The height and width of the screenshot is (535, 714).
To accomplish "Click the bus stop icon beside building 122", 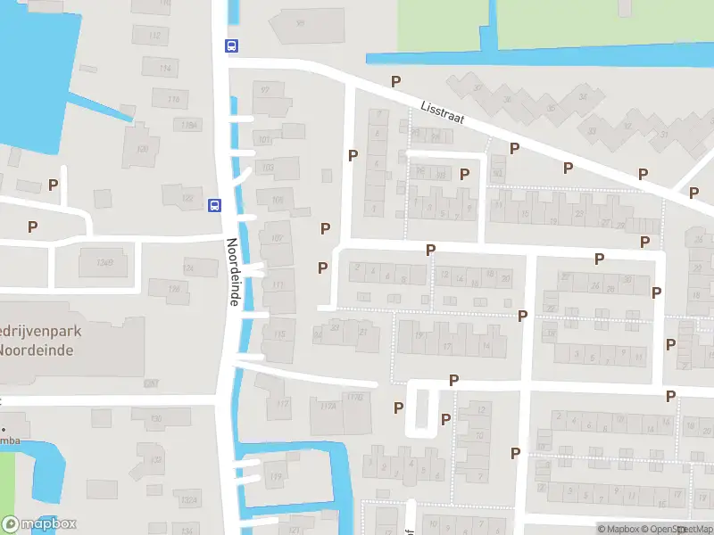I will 214,205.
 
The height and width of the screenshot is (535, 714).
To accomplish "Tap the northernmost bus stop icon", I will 231,46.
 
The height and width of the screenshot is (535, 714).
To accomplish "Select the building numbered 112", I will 155,36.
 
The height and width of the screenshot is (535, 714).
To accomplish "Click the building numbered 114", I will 162,68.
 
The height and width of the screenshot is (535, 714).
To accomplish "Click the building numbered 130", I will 155,418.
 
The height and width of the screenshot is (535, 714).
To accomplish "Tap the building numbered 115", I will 279,335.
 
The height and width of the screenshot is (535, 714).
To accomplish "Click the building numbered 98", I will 300,24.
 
